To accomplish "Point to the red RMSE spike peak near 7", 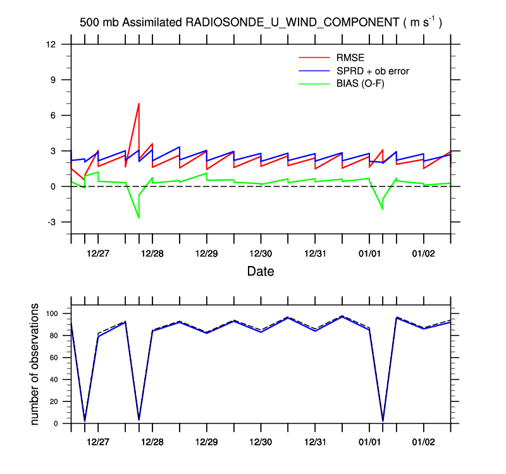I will point(139,103).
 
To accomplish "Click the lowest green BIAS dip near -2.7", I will point(139,218).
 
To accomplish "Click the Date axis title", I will point(260,272).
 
